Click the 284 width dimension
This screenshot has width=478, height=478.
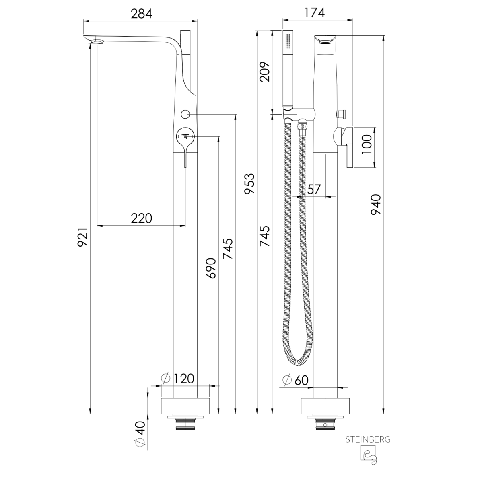(141, 14)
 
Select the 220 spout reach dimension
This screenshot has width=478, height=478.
(142, 218)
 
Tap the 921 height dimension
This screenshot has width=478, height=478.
(82, 237)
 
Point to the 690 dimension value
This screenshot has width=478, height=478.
(211, 268)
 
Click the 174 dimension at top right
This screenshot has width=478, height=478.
(315, 12)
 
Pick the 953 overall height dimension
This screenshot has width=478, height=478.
(249, 183)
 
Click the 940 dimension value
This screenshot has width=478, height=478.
(375, 204)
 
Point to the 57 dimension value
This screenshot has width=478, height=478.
(314, 190)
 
